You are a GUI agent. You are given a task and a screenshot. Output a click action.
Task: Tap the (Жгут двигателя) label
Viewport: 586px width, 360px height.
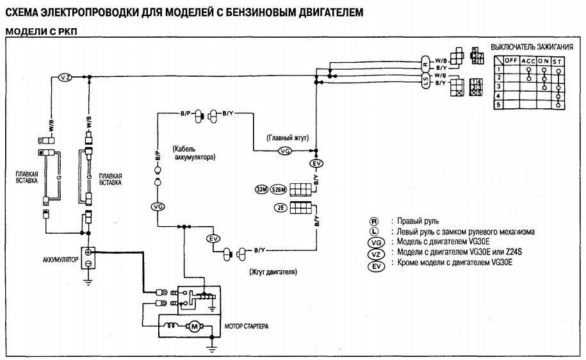click(274, 272)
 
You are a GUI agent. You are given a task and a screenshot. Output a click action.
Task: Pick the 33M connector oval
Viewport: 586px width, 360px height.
click(261, 190)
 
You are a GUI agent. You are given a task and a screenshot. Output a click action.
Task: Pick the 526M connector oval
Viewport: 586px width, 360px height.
click(278, 190)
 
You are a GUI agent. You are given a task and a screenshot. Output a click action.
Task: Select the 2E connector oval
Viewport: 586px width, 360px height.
click(281, 208)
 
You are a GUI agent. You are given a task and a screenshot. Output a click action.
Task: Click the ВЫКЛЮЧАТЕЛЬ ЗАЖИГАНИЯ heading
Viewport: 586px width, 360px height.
click(531, 47)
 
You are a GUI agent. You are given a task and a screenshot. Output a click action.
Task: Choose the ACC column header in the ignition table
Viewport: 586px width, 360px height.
click(528, 60)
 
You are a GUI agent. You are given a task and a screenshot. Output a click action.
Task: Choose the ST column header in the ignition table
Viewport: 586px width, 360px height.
click(558, 60)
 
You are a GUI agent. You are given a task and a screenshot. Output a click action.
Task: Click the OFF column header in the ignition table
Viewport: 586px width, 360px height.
click(510, 60)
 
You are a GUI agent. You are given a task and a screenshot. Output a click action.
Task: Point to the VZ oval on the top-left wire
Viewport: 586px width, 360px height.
click(65, 77)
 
